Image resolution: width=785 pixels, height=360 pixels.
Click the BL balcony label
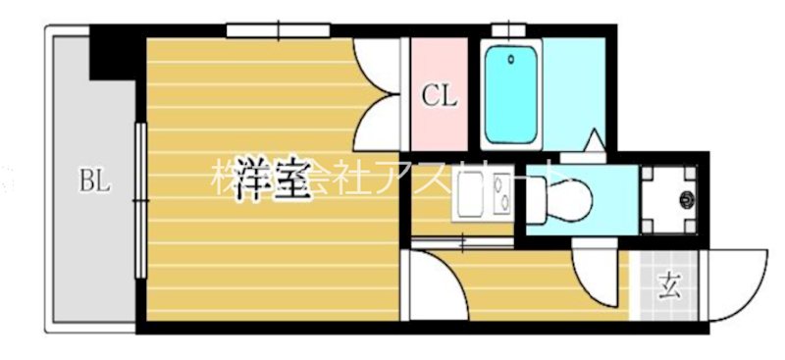click(x=95, y=180)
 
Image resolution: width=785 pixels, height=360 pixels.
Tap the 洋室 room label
click(x=273, y=180)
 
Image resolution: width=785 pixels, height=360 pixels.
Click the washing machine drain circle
click(x=686, y=200)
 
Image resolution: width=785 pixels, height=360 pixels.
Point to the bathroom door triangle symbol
click(x=594, y=141)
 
